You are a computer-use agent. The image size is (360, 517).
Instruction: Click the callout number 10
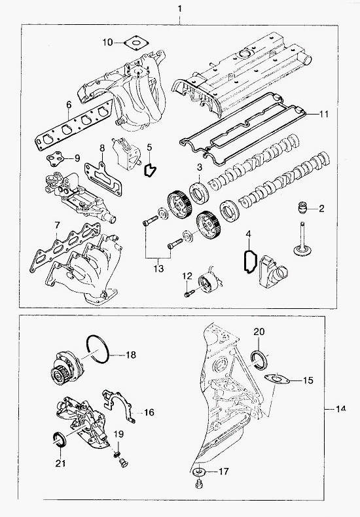107,42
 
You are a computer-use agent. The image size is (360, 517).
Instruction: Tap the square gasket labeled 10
137,43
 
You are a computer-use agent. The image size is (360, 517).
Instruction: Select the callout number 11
324,114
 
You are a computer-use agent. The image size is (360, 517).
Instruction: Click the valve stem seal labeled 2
302,208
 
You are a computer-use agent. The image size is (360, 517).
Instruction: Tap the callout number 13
158,269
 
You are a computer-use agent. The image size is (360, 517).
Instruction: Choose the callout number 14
340,409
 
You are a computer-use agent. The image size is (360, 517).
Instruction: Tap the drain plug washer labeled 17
200,471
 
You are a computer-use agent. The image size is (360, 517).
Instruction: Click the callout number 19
119,434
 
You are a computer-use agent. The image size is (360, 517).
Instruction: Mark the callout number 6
68,105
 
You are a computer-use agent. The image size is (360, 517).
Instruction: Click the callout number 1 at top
179,9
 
